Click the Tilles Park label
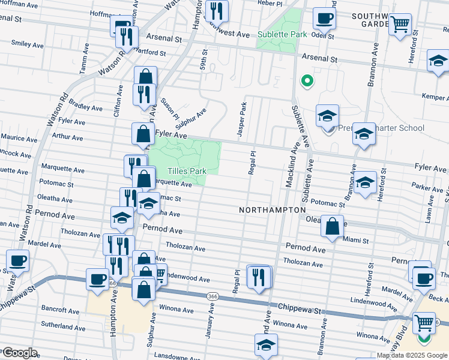click(x=186, y=171)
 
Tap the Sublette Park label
click(x=282, y=34)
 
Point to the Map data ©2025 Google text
click(x=412, y=355)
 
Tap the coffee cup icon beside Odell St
click(x=325, y=18)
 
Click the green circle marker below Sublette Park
click(x=307, y=81)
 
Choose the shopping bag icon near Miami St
click(x=332, y=227)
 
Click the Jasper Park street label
click(x=243, y=119)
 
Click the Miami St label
click(x=355, y=240)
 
